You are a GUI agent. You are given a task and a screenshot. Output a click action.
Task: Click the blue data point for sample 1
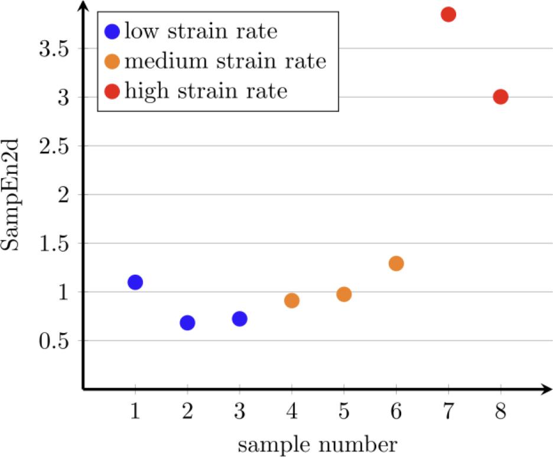click(x=135, y=282)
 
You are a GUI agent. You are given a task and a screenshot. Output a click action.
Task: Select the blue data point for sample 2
click(x=187, y=323)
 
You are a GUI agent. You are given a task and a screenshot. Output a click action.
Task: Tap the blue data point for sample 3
click(x=239, y=319)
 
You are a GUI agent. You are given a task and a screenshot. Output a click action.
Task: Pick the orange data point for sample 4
click(x=292, y=301)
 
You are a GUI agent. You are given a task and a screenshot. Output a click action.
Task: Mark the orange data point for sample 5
click(x=344, y=294)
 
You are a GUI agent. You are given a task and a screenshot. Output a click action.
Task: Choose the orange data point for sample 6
click(x=396, y=263)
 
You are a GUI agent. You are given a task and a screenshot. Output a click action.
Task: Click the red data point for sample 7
click(x=448, y=14)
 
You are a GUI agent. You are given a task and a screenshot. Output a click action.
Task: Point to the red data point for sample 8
click(x=500, y=97)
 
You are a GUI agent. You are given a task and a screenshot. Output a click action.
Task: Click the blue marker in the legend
click(x=111, y=31)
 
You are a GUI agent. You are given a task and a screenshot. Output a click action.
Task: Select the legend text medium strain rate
click(x=225, y=61)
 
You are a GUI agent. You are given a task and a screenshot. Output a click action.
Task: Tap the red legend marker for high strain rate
click(x=111, y=91)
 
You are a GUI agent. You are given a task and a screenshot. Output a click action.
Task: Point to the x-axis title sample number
click(x=317, y=444)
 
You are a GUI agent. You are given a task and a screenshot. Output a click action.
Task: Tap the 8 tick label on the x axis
click(x=500, y=412)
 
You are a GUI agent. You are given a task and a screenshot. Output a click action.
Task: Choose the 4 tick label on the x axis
click(x=292, y=412)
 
